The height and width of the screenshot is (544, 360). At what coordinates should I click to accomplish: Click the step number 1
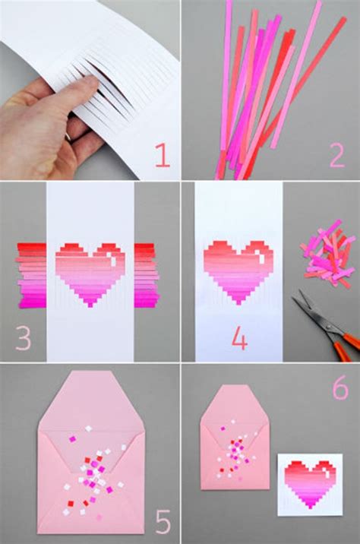[162, 155]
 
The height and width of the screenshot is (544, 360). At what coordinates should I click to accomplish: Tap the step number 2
[337, 155]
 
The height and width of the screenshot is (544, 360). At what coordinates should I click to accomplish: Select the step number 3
[23, 338]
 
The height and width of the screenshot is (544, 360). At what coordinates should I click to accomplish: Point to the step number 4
[239, 340]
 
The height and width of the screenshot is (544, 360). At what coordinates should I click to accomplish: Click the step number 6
[339, 387]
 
